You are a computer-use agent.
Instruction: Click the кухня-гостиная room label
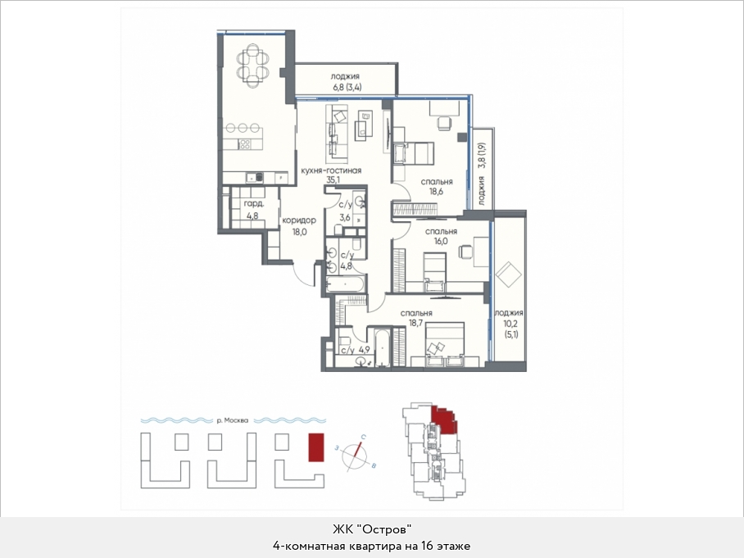(331, 170)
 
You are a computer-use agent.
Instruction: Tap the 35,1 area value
(333, 180)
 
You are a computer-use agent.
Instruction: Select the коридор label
(299, 220)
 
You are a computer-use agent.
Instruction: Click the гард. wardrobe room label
(254, 204)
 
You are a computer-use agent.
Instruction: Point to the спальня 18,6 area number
(437, 192)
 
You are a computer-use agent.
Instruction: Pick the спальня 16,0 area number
(441, 241)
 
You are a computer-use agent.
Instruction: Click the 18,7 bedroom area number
(416, 323)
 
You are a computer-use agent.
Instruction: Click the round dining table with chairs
(253, 65)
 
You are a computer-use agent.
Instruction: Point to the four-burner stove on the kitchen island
(245, 144)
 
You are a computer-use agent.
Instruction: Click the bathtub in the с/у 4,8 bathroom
(345, 284)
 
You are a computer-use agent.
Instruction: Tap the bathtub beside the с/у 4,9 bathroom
(382, 347)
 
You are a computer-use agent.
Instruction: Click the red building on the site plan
(316, 447)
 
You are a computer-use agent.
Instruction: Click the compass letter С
(363, 437)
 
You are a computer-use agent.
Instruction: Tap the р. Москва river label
(232, 420)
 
